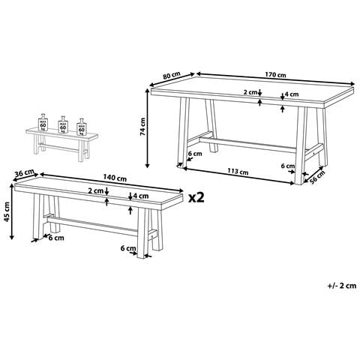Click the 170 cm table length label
pyautogui.click(x=277, y=75)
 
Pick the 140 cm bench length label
pyautogui.click(x=114, y=177)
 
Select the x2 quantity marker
pyautogui.click(x=197, y=197)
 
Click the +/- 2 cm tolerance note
pyautogui.click(x=342, y=286)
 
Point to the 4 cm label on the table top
pyautogui.click(x=292, y=95)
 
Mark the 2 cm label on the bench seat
pyautogui.click(x=96, y=191)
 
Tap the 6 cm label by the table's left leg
pyautogui.click(x=195, y=155)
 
